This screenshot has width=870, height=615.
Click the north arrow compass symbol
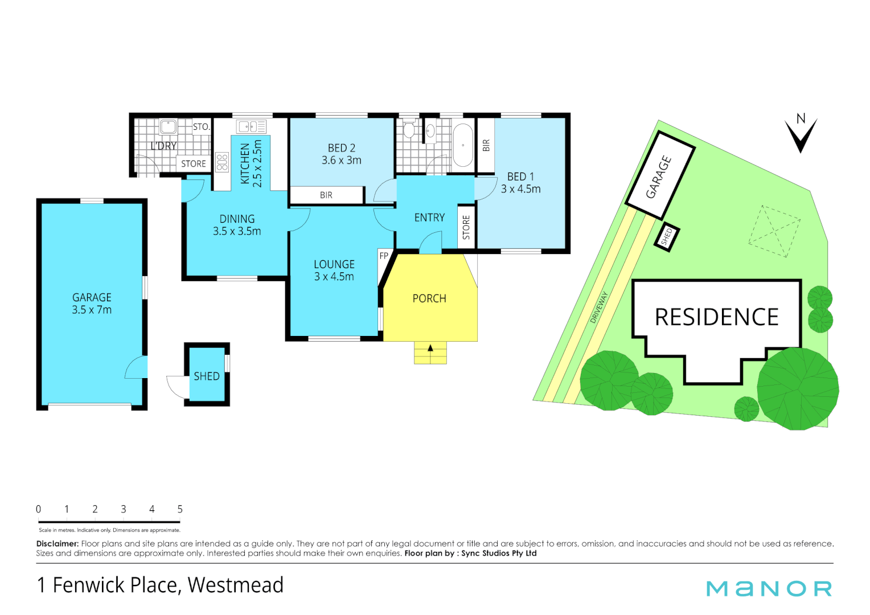[801, 134]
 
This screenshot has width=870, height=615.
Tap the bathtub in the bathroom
[463, 145]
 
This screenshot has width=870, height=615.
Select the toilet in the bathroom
[409, 130]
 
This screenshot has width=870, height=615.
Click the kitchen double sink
[251, 126]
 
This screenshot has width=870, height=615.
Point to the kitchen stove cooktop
[222, 162]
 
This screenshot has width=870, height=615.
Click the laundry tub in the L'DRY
[168, 126]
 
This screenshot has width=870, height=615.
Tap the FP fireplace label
[384, 256]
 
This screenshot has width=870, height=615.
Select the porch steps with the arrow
[430, 352]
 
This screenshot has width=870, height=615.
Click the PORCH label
[429, 298]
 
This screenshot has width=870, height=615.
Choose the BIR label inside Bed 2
[326, 195]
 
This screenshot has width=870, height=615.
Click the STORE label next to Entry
[466, 227]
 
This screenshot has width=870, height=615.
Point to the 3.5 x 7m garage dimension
[92, 310]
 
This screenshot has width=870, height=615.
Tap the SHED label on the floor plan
[206, 376]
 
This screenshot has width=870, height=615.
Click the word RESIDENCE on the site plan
[716, 317]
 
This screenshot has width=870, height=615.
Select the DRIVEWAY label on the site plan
[599, 307]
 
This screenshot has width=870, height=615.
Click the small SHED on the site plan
[667, 236]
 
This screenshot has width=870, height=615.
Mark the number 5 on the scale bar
[180, 509]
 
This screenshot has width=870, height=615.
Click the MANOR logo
[769, 588]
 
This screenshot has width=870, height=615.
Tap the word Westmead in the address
[235, 585]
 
